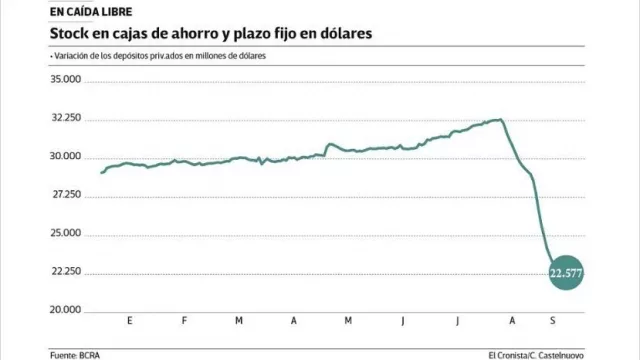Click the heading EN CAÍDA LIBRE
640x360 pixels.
coord(88,11)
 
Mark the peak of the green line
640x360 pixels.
coord(500,120)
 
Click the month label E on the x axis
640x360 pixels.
coord(130,322)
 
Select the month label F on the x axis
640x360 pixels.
coord(184,322)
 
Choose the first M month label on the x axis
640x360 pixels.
coord(238,322)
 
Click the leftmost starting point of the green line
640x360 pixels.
coord(102,173)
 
